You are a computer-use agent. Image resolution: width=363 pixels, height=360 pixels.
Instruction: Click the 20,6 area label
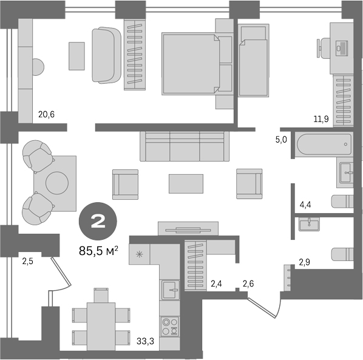[x=47, y=114]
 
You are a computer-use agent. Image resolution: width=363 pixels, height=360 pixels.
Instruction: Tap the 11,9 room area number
[x=321, y=119]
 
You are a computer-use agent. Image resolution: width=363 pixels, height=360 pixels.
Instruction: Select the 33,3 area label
[x=145, y=341]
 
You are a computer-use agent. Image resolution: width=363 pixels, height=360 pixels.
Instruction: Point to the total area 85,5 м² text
[x=99, y=251]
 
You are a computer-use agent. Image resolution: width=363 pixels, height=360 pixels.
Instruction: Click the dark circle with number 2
[x=98, y=222]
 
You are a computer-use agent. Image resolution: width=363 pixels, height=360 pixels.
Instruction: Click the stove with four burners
[x=170, y=327]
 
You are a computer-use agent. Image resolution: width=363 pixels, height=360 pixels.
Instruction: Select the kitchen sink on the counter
[x=171, y=290]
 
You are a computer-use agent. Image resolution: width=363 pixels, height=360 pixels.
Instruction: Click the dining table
[x=101, y=326]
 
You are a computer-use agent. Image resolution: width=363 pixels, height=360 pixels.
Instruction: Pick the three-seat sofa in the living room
[x=185, y=146]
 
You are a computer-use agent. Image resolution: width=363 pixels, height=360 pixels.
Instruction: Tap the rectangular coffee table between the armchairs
[x=186, y=184]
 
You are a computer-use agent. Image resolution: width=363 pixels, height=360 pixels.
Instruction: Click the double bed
[x=197, y=64]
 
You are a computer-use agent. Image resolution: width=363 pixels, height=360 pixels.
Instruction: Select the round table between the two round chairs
[x=57, y=183]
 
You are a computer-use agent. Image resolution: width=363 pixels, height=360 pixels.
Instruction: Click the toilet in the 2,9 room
[x=342, y=254]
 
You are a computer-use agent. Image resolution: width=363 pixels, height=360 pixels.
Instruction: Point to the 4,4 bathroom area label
[x=305, y=205]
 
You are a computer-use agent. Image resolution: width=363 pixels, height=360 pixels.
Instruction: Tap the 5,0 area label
[x=281, y=140]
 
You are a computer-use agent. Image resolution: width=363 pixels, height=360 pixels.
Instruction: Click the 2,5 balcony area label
[x=27, y=262]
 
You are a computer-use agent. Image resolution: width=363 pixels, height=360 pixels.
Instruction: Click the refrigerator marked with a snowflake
[x=140, y=254]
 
